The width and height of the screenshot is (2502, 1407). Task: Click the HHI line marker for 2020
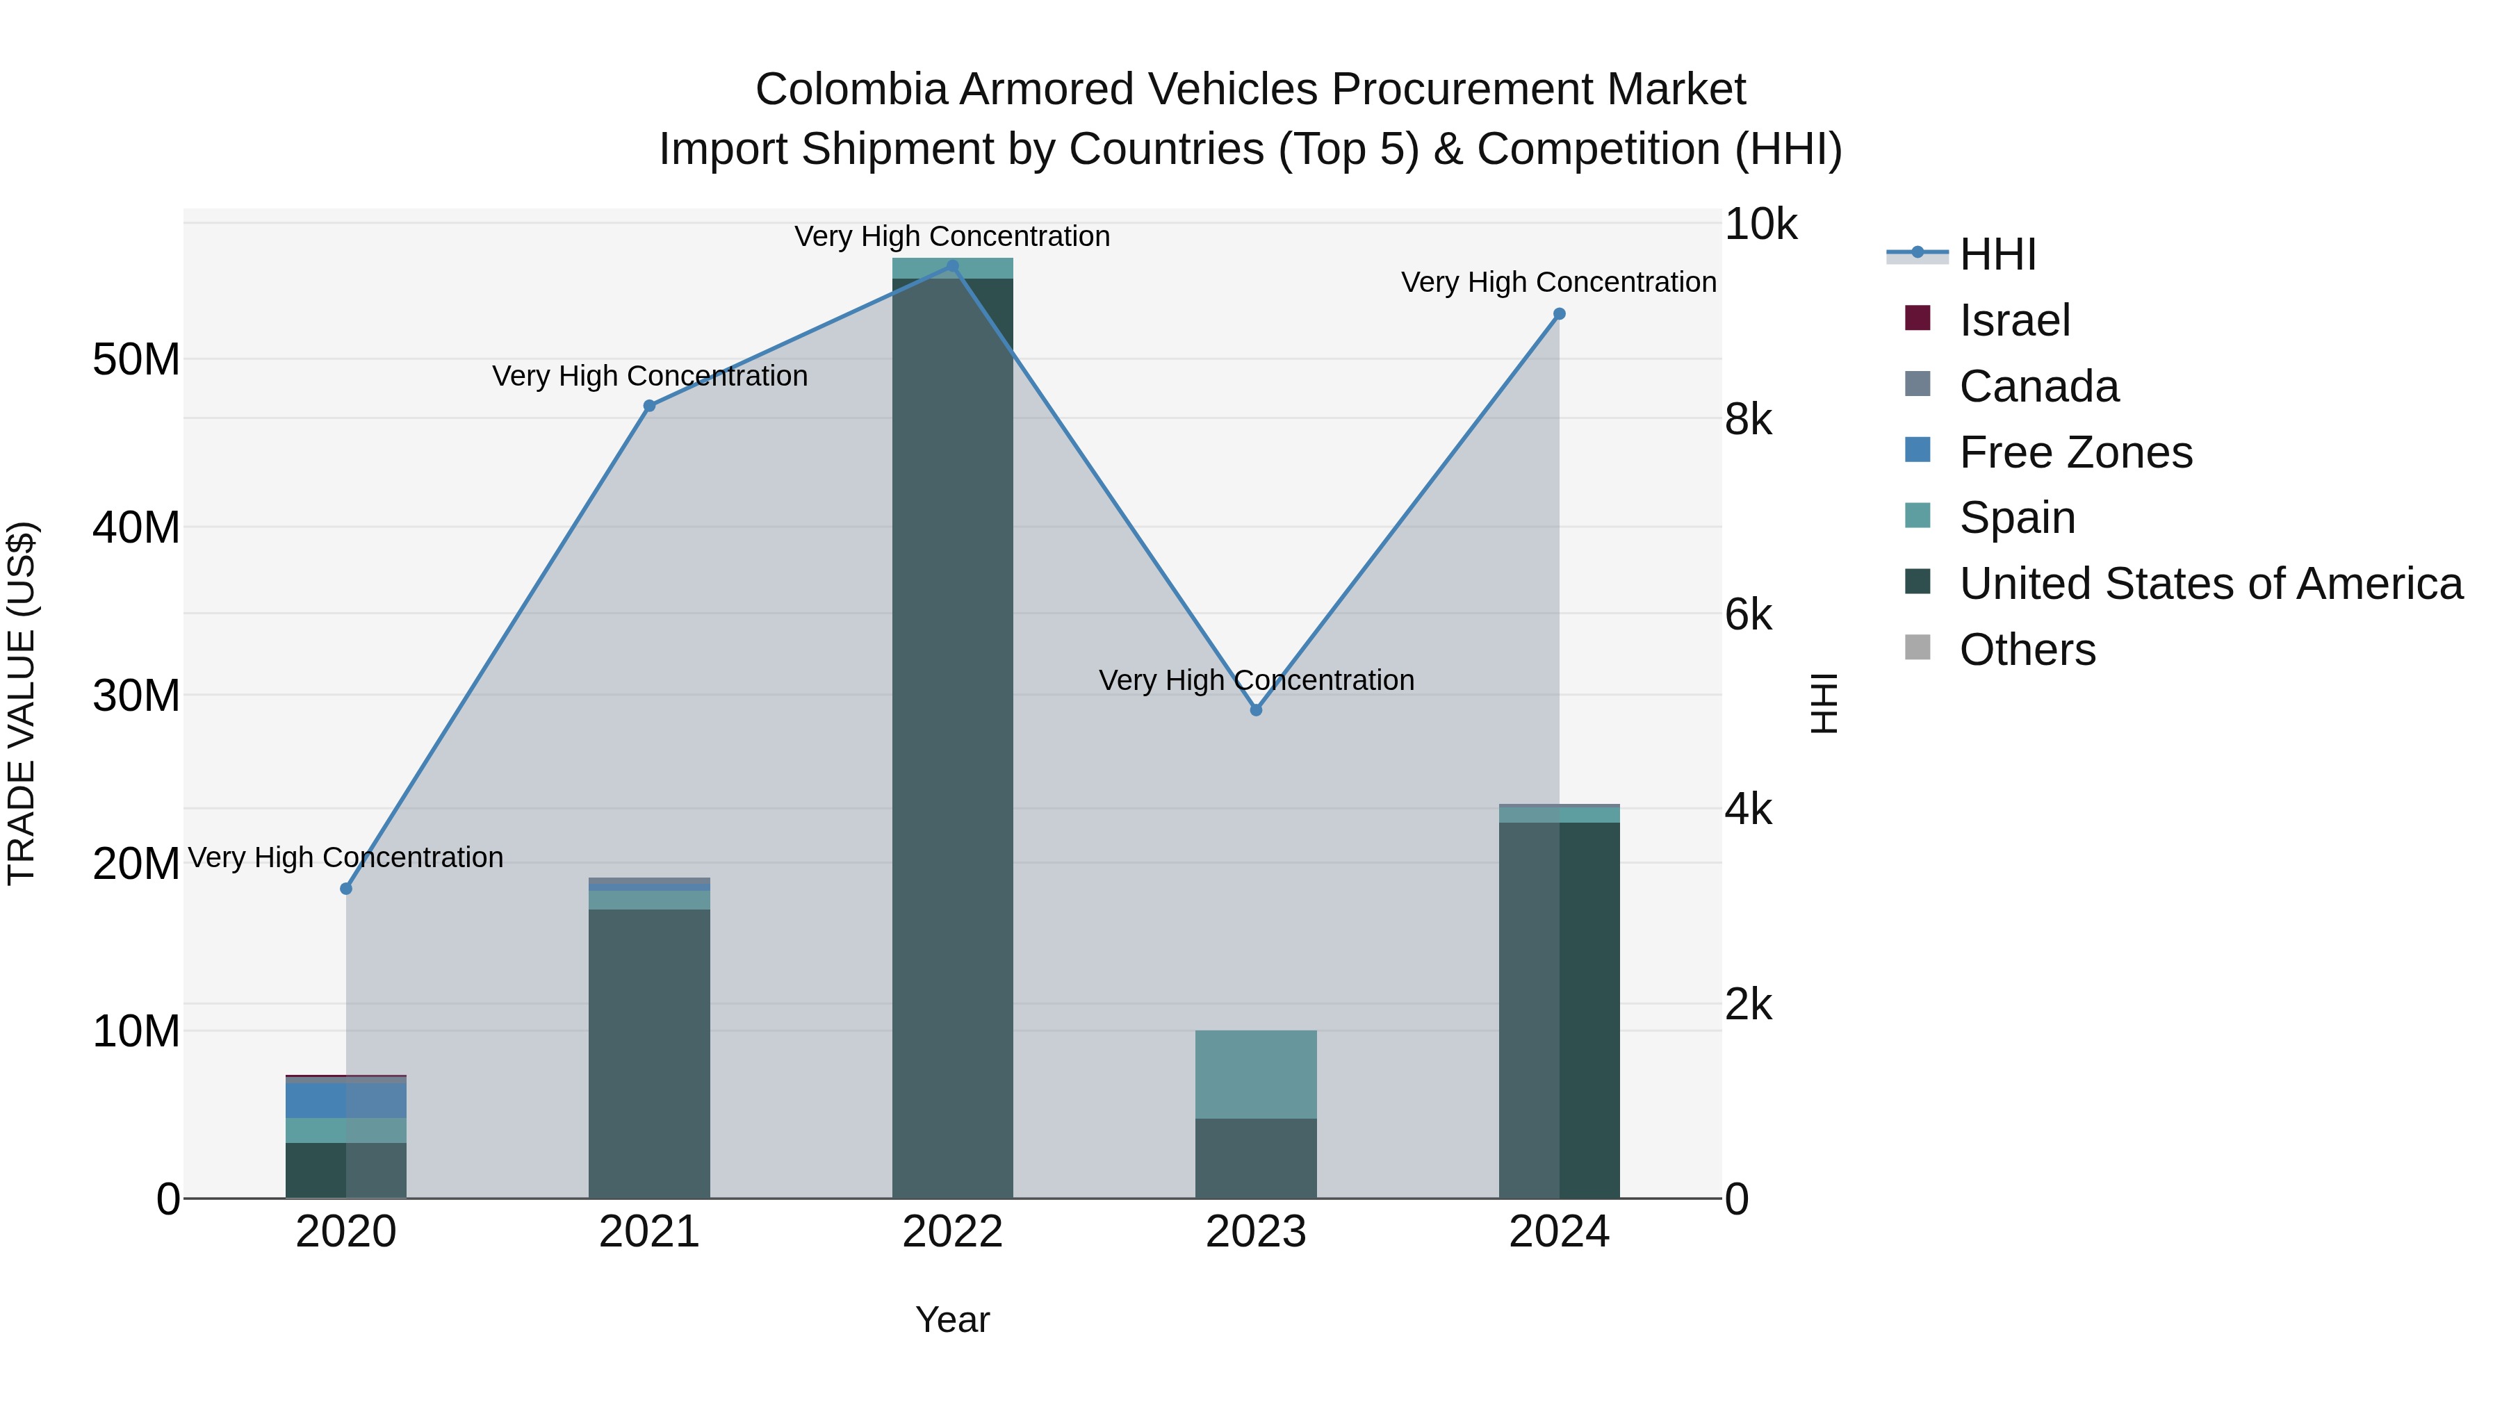[x=346, y=889]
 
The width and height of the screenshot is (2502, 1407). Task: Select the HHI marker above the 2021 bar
[x=650, y=406]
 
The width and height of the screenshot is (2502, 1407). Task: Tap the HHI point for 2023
[x=1256, y=710]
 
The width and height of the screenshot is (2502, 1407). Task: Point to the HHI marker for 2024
[x=1559, y=313]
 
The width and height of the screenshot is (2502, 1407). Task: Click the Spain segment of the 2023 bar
[x=1256, y=1074]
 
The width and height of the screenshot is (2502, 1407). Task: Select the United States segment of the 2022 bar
[x=952, y=738]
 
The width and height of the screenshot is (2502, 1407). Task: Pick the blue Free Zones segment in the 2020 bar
[x=346, y=1099]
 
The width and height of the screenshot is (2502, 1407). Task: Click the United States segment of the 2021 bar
[x=650, y=1053]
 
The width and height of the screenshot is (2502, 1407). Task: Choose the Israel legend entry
[x=2014, y=320]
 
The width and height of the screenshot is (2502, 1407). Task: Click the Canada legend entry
[x=2038, y=386]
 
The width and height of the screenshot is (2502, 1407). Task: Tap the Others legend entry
[x=2027, y=650]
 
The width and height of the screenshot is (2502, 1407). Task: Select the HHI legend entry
[x=1997, y=254]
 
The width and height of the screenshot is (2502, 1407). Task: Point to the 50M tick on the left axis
[x=135, y=359]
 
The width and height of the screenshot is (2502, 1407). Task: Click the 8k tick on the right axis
[x=1749, y=420]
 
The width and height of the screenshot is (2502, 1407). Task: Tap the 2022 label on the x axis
[x=952, y=1232]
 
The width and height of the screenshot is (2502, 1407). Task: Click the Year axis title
[x=952, y=1319]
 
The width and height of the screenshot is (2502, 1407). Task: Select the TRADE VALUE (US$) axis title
[x=22, y=703]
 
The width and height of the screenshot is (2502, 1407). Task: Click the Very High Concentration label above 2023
[x=1256, y=680]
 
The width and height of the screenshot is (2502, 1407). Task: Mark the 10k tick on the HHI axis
[x=1760, y=224]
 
